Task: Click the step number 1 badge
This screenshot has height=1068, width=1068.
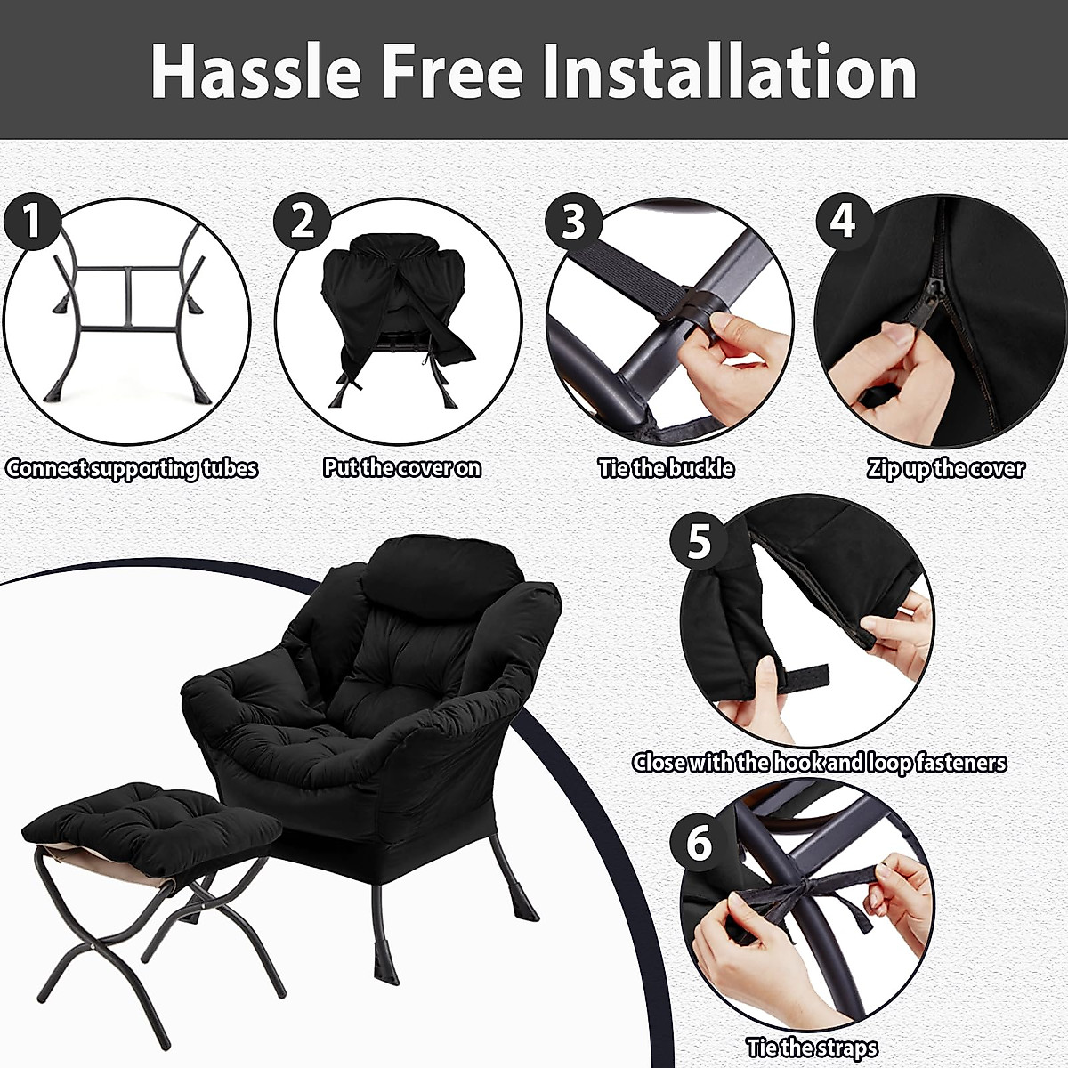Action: (33, 221)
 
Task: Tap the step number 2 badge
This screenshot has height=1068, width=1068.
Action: (303, 221)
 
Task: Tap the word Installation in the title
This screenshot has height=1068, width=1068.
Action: (730, 71)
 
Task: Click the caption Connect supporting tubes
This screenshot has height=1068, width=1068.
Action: (132, 469)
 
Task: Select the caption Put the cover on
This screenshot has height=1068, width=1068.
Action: (402, 468)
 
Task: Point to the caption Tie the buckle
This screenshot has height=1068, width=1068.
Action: (667, 468)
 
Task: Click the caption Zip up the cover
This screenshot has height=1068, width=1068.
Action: (946, 469)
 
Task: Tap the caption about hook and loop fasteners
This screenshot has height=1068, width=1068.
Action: (819, 763)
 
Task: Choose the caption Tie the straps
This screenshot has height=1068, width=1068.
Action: (812, 1048)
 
